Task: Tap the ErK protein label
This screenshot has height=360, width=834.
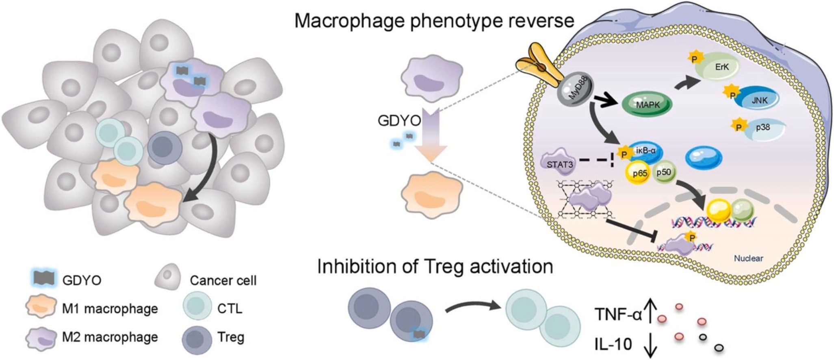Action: coord(722,67)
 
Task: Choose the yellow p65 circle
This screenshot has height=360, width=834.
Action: coord(640,173)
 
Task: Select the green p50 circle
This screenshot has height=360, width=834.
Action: coord(663,172)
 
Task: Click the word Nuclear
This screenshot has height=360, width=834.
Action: coord(748,258)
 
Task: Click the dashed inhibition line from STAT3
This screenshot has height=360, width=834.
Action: coord(595,160)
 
